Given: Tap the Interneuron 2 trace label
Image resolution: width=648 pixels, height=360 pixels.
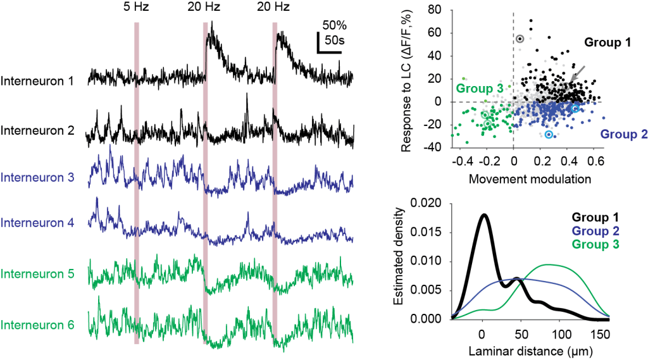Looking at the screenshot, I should [x=38, y=130].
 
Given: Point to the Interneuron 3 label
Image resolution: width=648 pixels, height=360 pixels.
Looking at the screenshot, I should [x=38, y=178].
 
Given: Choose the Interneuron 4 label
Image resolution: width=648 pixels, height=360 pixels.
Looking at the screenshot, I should [x=38, y=223].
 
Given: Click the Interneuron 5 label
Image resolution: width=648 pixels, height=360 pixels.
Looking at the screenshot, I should [x=38, y=274].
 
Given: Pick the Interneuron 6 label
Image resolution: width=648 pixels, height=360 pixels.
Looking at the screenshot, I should [x=38, y=325].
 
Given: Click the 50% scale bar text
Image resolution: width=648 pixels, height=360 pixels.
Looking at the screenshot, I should [x=335, y=26].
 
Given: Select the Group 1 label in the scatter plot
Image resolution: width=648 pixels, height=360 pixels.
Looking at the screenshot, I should [x=607, y=43].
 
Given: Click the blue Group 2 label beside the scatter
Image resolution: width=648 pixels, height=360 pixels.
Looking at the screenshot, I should [x=623, y=134].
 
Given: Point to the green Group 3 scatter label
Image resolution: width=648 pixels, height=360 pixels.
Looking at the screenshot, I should [x=479, y=88].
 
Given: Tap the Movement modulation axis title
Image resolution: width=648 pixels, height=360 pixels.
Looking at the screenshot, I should [x=530, y=178].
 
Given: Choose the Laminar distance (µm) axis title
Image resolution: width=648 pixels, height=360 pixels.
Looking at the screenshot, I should [x=530, y=349].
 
